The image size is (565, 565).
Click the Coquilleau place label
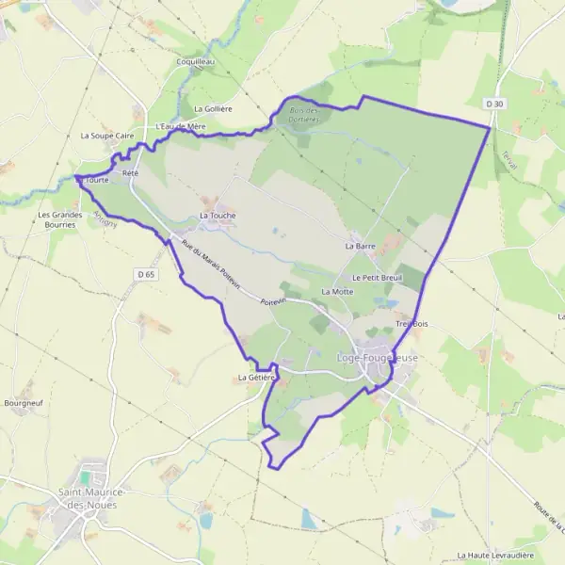point(196,61)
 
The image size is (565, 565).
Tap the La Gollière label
point(212,109)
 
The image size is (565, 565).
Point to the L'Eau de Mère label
point(181,126)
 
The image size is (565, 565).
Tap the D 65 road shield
point(144,274)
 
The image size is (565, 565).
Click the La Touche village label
point(218,216)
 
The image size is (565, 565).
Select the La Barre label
point(360,246)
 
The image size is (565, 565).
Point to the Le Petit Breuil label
point(377,278)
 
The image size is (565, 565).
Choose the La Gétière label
point(256,378)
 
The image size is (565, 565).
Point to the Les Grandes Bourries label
point(56,219)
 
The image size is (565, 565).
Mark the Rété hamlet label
point(130,173)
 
